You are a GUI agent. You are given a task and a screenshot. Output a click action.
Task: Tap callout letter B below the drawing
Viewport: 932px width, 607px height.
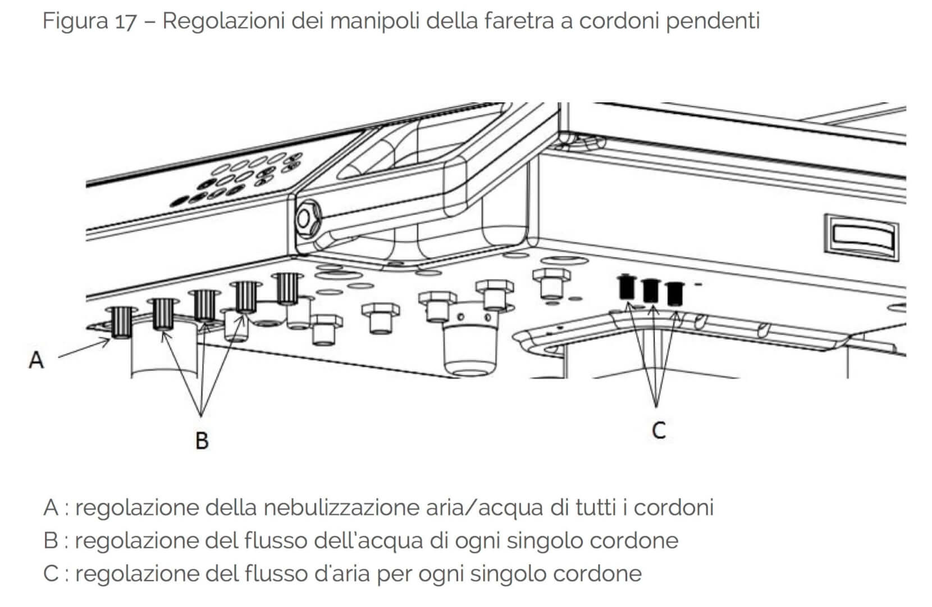coord(202,440)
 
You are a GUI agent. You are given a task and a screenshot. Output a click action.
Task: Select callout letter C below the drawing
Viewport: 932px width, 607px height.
coord(659,431)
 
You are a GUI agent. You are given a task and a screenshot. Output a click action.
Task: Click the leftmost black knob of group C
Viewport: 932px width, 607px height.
coord(627,287)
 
